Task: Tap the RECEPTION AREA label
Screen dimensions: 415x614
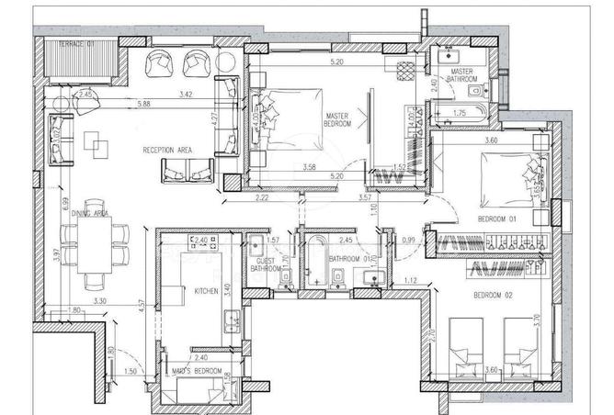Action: [x=165, y=149]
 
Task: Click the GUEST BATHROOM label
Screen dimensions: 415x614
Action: [x=266, y=265]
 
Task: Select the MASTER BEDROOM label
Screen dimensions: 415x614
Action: [x=338, y=119]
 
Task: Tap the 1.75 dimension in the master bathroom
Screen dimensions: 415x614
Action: [x=461, y=113]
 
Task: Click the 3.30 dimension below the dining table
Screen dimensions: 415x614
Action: [x=100, y=300]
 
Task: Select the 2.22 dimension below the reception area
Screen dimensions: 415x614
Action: [x=262, y=197]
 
